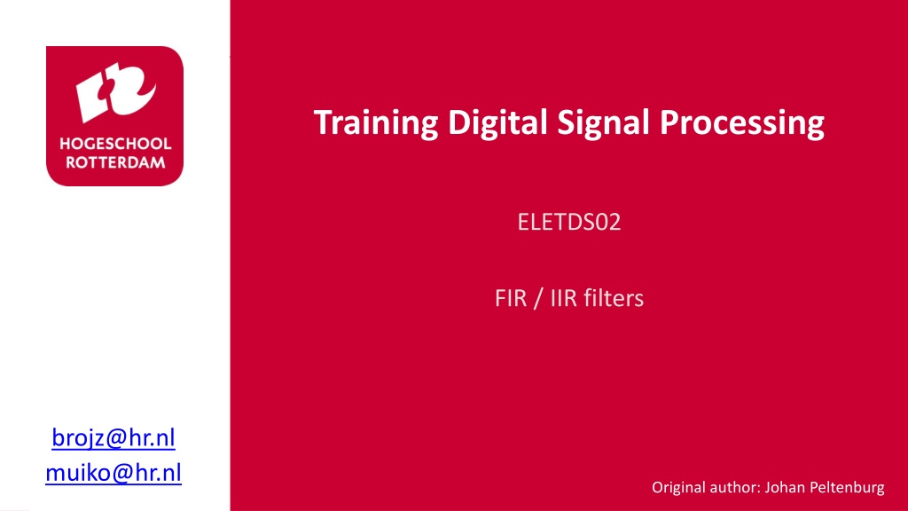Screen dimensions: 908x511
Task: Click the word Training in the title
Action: [376, 123]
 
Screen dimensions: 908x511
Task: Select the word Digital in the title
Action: [497, 123]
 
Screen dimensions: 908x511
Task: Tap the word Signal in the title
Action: [603, 123]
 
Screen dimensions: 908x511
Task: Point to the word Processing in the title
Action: [742, 123]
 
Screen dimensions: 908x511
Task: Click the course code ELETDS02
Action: [569, 222]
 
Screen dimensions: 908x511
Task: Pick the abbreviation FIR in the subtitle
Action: [510, 298]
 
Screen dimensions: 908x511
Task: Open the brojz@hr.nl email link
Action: [113, 437]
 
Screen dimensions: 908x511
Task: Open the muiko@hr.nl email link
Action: [113, 472]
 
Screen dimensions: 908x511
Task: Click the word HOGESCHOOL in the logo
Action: [115, 144]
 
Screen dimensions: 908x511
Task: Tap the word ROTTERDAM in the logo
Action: [115, 162]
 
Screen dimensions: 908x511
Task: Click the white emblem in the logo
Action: [116, 91]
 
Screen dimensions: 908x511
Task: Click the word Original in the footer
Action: [678, 488]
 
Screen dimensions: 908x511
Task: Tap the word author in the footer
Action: [735, 487]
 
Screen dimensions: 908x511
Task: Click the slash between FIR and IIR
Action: [538, 298]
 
